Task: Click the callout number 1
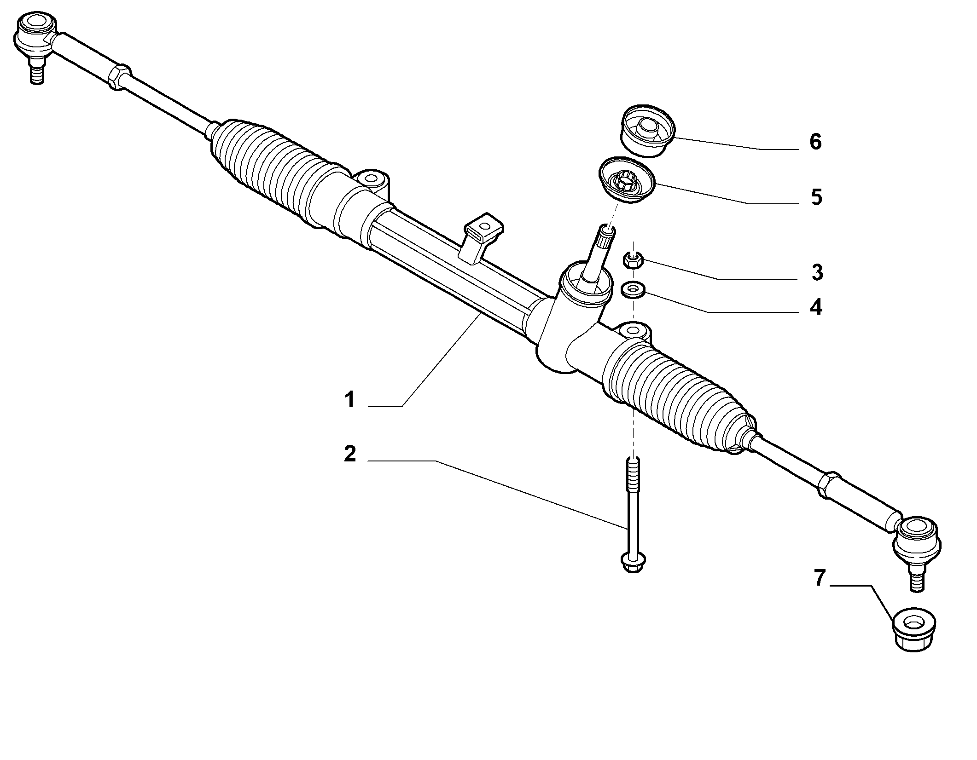point(350,399)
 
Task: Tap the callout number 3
point(817,272)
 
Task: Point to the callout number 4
point(816,307)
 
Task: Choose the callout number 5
point(817,197)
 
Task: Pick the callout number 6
point(815,142)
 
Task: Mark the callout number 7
point(819,578)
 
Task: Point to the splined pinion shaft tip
point(605,235)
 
